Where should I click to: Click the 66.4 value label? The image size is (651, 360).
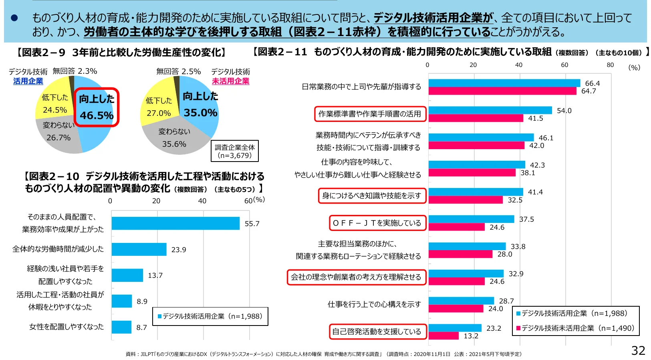click(592, 83)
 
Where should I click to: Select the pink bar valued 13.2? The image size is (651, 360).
click(443, 336)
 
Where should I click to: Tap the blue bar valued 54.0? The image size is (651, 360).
click(490, 110)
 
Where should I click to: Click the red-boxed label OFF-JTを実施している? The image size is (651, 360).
click(377, 223)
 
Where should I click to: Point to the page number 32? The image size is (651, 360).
click(638, 350)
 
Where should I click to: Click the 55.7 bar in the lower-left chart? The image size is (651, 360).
click(175, 223)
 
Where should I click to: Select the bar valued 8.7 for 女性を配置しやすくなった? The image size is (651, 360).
click(121, 327)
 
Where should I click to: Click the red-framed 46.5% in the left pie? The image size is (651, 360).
click(97, 107)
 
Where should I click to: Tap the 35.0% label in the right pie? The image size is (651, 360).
click(200, 113)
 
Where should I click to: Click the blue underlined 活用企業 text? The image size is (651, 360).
click(28, 81)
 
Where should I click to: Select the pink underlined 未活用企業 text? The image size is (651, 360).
click(230, 81)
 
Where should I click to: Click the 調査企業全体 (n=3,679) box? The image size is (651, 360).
click(235, 151)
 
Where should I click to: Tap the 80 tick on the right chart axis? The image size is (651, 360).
click(610, 65)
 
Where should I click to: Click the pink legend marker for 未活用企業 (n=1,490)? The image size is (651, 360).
click(518, 328)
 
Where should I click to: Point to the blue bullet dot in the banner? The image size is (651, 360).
click(14, 18)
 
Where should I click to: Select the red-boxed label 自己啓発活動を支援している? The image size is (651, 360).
click(377, 332)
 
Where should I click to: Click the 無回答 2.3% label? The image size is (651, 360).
click(75, 71)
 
